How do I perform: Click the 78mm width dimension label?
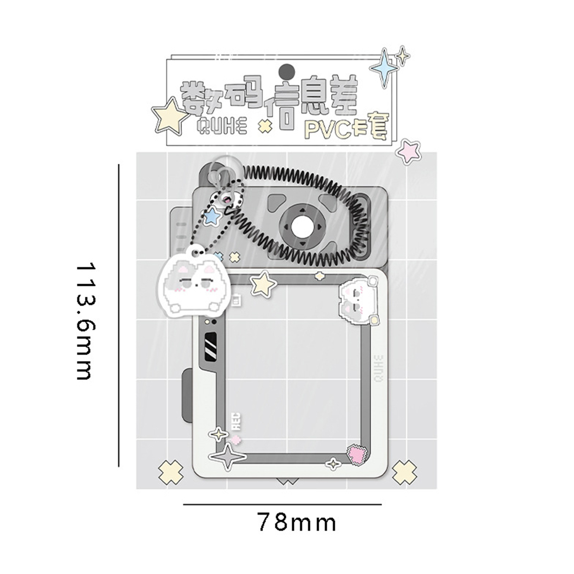pos(296,522)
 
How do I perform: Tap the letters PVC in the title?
pos(328,129)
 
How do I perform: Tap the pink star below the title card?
pos(409,151)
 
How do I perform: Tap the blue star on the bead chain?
pos(212,216)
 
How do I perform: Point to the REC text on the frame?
pos(237,422)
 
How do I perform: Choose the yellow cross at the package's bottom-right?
pos(404,471)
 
